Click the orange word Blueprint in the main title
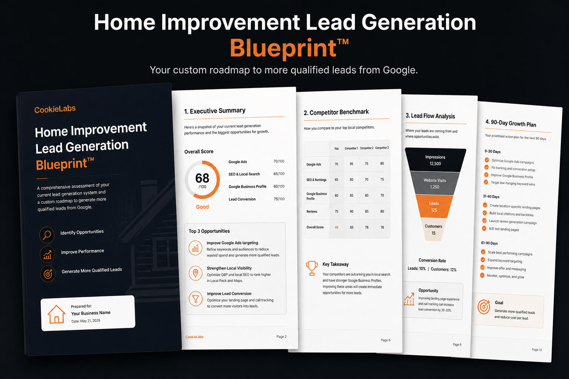[283, 48]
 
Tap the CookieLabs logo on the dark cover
[55, 109]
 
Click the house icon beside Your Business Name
[56, 314]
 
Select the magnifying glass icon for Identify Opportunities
[47, 235]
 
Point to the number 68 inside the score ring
[202, 178]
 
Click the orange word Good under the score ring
[202, 207]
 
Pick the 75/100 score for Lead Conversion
[279, 199]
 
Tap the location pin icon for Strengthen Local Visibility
[195, 273]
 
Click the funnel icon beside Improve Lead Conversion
[196, 299]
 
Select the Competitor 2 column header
[366, 148]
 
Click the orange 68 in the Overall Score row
[337, 227]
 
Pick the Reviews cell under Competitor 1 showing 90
[352, 211]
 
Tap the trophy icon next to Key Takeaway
[312, 268]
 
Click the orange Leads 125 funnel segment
[434, 207]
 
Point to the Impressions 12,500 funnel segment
[435, 160]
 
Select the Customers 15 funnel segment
[433, 229]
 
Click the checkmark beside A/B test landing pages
[484, 228]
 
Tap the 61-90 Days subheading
[489, 243]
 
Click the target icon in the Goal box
[484, 307]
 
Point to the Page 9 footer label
[457, 345]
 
